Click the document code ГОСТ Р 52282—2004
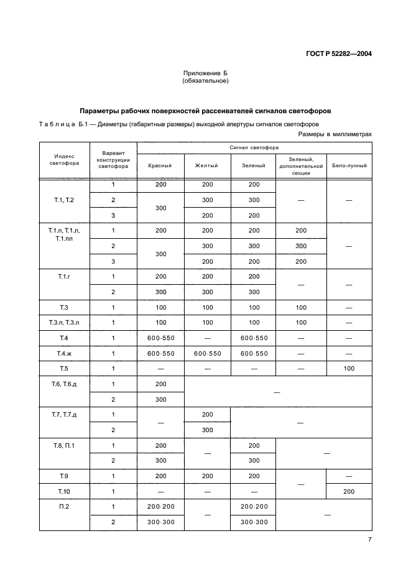pos(338,53)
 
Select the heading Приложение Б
pos(205,73)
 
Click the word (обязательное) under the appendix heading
pos(205,81)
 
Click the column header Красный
pos(160,165)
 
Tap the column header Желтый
pos(207,165)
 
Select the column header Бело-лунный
pos(349,165)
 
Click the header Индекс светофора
pos(64,160)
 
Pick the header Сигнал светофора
pos(254,148)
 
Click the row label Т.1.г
pos(64,276)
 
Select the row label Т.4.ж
pos(64,353)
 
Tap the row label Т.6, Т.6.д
pos(64,384)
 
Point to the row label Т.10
pos(64,491)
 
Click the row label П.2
pos(64,507)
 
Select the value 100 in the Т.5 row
pos(349,369)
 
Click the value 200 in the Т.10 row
pos(349,491)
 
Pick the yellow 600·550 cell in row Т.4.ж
pos(207,353)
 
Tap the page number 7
pos(369,540)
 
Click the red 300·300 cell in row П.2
pos(160,522)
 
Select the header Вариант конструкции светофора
pos(113,160)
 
